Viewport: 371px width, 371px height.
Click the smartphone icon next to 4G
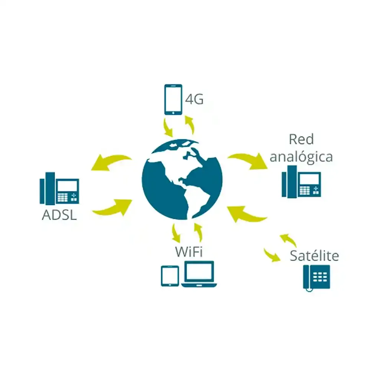coord(173,99)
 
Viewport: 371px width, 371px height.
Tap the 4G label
coord(194,100)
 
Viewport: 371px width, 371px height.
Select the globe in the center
coord(182,179)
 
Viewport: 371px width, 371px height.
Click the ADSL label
coord(59,216)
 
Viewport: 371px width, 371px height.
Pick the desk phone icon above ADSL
coord(60,188)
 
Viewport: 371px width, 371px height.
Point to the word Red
coord(301,139)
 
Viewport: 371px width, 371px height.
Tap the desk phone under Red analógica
coord(301,182)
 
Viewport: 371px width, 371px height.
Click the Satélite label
coord(314,256)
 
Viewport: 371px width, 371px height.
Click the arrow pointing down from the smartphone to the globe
coord(167,127)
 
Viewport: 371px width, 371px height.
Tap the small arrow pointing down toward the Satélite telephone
coord(272,255)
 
